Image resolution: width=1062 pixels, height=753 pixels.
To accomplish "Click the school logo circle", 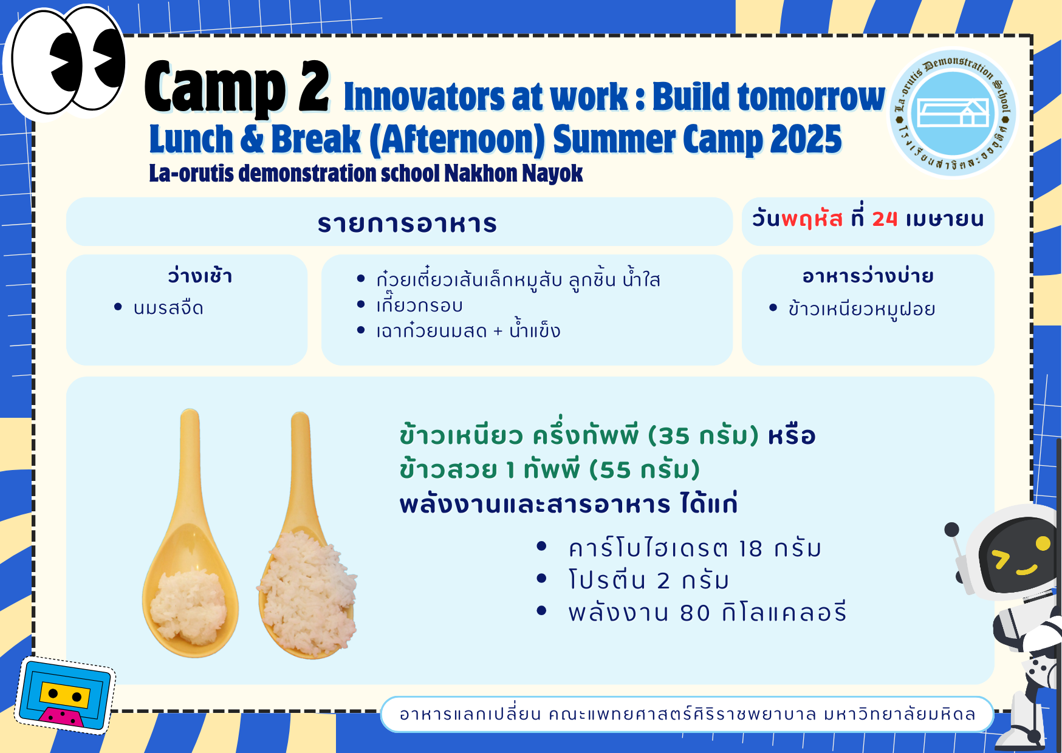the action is point(953,113).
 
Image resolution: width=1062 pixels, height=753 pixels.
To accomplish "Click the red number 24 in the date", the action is point(885,219).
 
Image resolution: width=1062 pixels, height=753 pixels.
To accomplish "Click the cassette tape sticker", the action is point(65,695).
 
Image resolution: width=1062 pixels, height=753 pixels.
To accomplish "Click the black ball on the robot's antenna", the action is point(951,530).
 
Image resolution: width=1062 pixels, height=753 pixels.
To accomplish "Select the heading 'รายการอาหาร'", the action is point(407,223).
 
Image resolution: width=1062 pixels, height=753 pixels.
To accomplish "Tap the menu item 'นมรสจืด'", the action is point(168,308).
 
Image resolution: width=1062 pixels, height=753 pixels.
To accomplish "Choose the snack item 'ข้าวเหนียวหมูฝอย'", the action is point(862,309).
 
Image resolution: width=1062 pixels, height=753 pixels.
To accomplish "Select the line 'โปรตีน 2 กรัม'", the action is point(648,580).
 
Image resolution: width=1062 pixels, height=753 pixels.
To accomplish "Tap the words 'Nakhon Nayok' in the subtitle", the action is point(513,174).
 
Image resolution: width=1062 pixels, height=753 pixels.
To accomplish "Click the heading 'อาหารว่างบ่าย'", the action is point(868,276).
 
